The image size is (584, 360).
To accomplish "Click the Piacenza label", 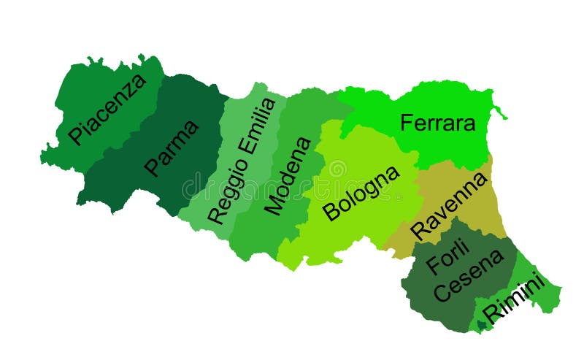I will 107,109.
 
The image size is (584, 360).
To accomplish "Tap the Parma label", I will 172,148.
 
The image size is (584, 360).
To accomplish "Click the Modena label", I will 288,175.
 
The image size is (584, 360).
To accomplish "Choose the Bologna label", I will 361,193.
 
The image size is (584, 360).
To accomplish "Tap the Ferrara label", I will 437,123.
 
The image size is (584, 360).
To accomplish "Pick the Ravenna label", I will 449,205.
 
